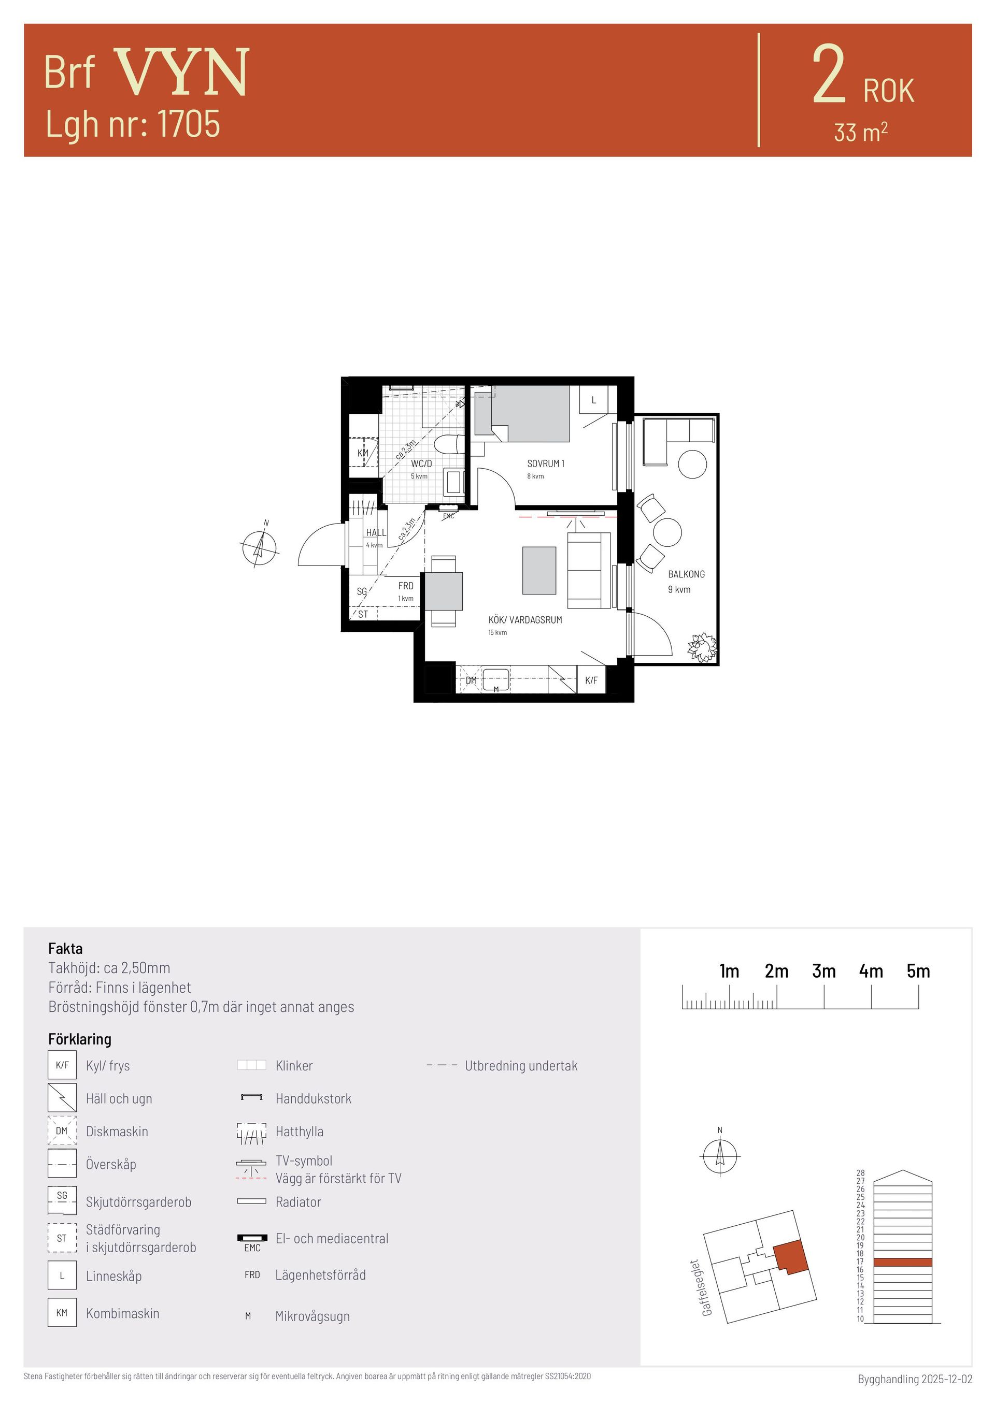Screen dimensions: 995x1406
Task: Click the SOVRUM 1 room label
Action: (x=545, y=463)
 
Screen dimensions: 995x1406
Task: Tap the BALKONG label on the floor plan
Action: (x=686, y=574)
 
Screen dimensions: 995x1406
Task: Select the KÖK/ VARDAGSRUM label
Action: (x=525, y=620)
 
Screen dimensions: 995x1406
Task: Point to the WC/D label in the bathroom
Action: (x=421, y=463)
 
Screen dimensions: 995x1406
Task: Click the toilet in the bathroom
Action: (x=448, y=444)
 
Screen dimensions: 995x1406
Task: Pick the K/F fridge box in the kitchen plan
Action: (x=591, y=680)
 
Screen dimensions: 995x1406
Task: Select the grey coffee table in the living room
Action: (x=539, y=570)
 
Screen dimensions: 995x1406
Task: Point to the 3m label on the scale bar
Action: (x=823, y=970)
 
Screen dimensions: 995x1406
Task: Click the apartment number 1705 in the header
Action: (x=189, y=124)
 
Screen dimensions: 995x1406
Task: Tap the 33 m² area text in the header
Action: (x=861, y=132)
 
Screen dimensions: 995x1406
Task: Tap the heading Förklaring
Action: (x=80, y=1039)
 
